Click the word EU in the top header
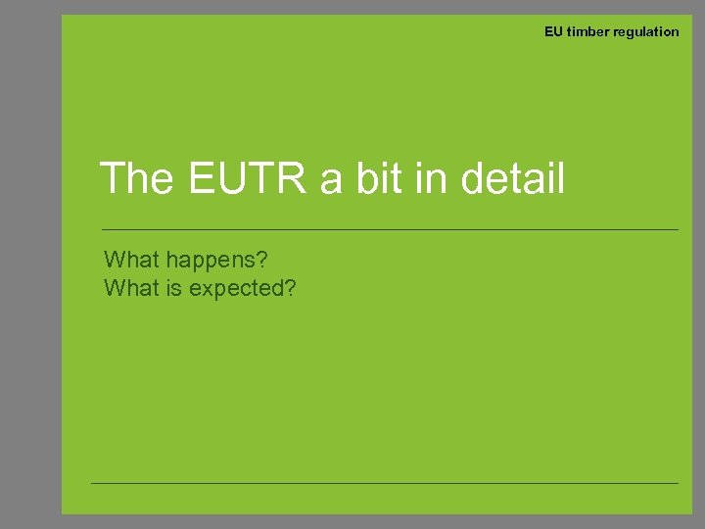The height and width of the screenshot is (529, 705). click(x=553, y=31)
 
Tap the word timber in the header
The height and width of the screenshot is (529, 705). click(x=587, y=31)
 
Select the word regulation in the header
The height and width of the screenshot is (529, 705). click(x=646, y=31)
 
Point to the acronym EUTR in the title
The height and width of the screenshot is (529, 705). click(x=249, y=179)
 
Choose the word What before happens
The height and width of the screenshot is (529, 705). click(x=132, y=260)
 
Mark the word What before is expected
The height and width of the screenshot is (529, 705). click(x=132, y=289)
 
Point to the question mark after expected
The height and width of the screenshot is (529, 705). click(x=290, y=289)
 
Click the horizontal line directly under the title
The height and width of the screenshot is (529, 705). click(x=392, y=229)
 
